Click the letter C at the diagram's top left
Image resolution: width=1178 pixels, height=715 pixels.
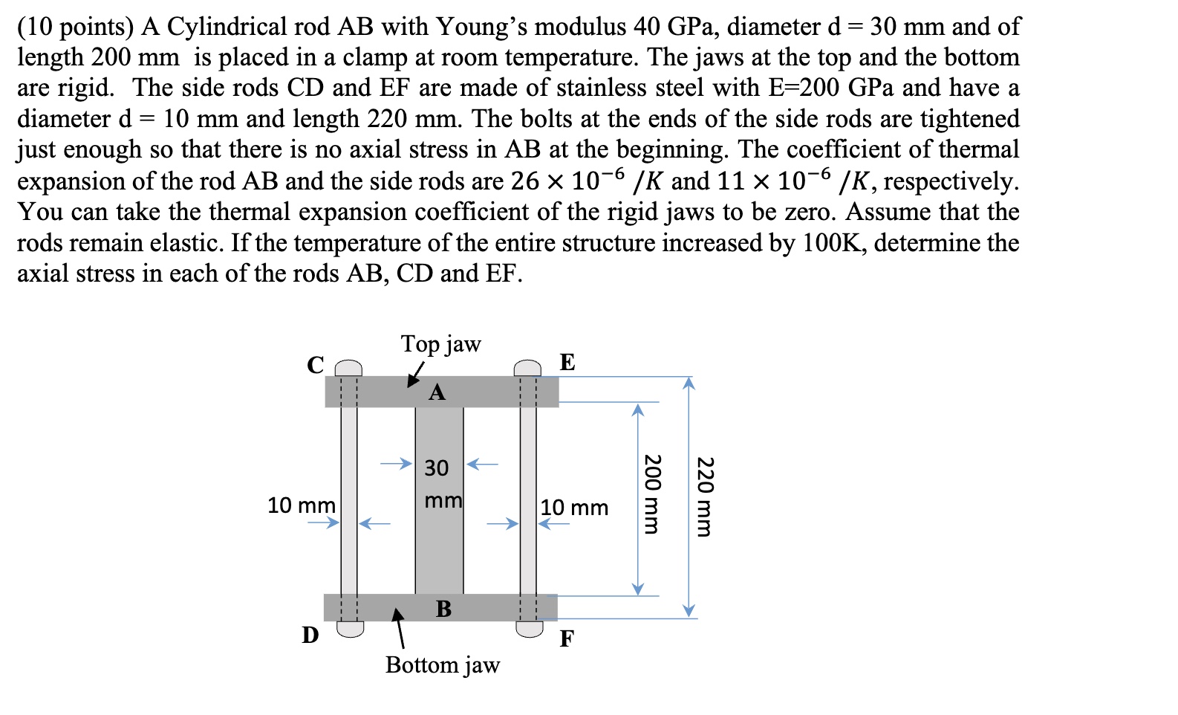[316, 364]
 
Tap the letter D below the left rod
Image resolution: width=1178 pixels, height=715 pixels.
[310, 635]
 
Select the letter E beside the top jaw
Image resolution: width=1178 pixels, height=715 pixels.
[567, 362]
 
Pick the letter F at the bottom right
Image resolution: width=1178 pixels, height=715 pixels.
[567, 638]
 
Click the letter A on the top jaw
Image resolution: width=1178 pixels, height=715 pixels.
[437, 392]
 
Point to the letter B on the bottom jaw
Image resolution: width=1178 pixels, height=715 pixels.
[443, 609]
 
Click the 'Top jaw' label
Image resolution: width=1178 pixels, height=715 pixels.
[441, 344]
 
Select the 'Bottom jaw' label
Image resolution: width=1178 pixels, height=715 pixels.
[443, 664]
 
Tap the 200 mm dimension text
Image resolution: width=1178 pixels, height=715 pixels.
[651, 494]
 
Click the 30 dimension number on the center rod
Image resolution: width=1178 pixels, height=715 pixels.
[437, 468]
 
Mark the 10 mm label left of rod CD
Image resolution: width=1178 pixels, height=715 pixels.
[301, 505]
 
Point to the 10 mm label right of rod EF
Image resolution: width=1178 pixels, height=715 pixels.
[574, 508]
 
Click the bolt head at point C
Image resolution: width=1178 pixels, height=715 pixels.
[348, 369]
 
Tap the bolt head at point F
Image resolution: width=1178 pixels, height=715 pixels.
[530, 629]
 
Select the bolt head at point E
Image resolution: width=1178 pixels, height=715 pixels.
[528, 368]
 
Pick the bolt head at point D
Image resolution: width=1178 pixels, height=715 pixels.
[350, 629]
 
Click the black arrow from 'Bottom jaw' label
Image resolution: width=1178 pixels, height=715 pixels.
[400, 629]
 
